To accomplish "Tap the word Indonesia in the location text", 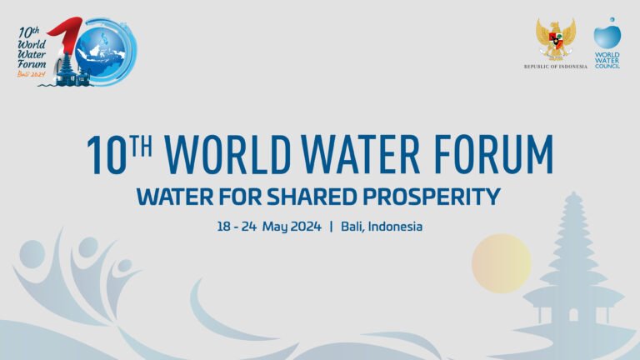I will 395,226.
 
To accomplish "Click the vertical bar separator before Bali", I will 331,226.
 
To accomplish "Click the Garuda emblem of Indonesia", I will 555,39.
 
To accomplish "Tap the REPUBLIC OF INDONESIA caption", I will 555,67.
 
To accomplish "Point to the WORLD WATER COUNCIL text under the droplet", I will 607,61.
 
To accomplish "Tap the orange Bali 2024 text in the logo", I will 31,73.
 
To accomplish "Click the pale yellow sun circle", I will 501,263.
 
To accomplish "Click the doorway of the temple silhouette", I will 573,315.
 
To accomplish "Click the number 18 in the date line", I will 223,226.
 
